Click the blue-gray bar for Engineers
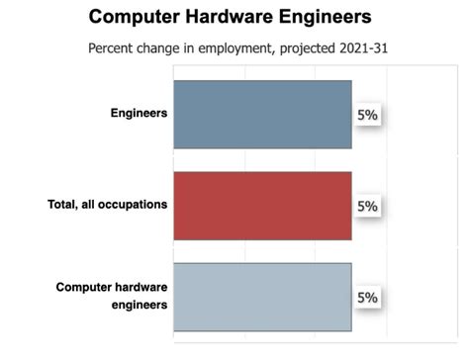(x=262, y=114)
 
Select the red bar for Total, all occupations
(x=262, y=206)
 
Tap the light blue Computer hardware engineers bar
(x=262, y=296)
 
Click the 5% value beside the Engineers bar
(x=367, y=116)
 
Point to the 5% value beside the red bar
(x=367, y=207)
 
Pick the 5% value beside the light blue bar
(x=367, y=298)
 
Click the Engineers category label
(x=139, y=113)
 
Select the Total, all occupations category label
(x=108, y=205)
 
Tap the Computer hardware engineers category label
(x=112, y=296)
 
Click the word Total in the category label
(x=62, y=205)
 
